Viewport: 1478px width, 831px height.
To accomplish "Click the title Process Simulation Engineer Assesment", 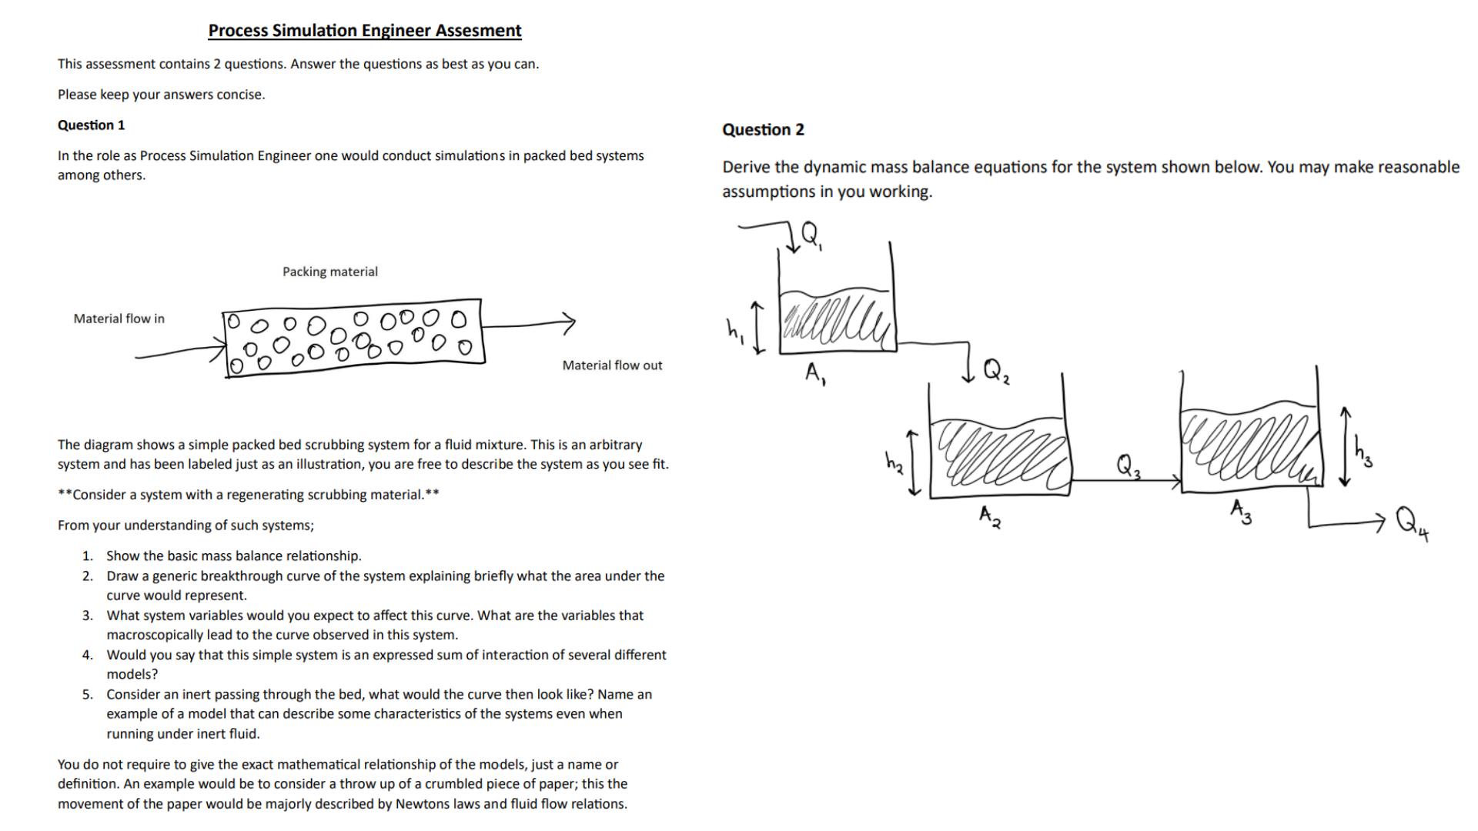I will click(364, 31).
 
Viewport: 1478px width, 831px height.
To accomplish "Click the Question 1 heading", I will click(91, 125).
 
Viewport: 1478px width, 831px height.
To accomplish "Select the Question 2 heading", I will click(762, 130).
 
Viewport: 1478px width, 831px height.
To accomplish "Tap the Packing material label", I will click(329, 272).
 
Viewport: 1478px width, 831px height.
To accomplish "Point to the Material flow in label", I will click(119, 319).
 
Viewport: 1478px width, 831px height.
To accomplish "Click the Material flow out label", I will click(611, 365).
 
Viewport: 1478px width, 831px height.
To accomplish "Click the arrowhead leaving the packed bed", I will click(569, 322).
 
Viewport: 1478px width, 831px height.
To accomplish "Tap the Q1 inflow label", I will click(811, 234).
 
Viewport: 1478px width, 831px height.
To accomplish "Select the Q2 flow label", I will click(995, 371).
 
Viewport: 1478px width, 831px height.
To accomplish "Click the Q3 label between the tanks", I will click(1128, 466).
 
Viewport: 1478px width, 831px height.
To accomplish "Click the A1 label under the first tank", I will click(815, 374).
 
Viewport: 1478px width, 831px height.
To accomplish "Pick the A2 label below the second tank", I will click(990, 516).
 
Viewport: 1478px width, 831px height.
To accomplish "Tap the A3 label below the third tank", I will click(1240, 511).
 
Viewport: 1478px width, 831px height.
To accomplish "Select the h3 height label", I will click(1363, 452).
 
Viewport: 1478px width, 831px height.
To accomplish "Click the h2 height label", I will click(893, 462).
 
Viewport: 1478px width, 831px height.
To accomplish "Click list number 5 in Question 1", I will click(88, 695).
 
